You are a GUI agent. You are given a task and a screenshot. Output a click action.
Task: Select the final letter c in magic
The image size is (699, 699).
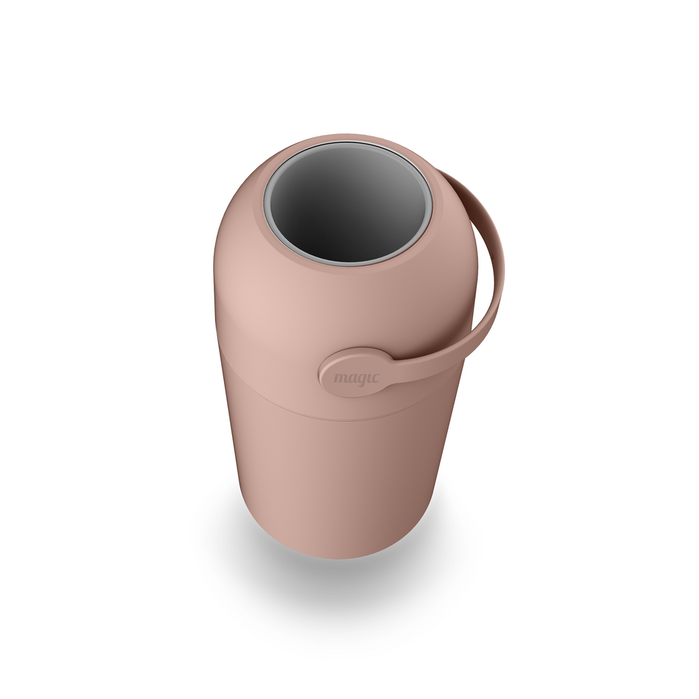coord(375,379)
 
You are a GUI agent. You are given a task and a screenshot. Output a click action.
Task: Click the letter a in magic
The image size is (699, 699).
coord(352,379)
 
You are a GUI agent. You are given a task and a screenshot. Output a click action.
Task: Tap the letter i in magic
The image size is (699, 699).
coord(369,378)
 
